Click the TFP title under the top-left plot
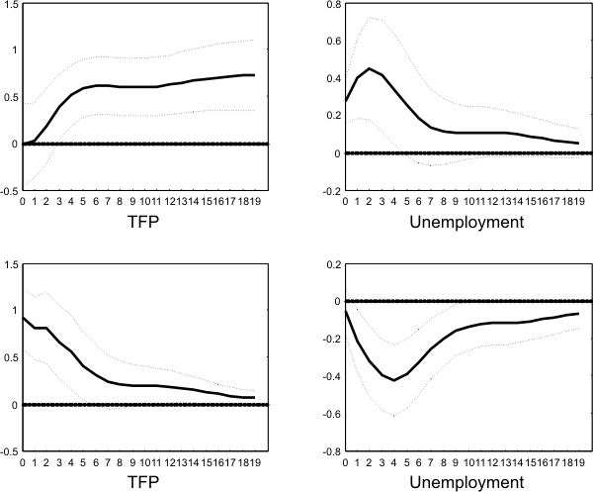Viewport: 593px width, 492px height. [142, 222]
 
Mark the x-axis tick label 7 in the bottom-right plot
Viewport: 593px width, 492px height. [433, 461]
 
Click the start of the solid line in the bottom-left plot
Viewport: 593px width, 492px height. [24, 318]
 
